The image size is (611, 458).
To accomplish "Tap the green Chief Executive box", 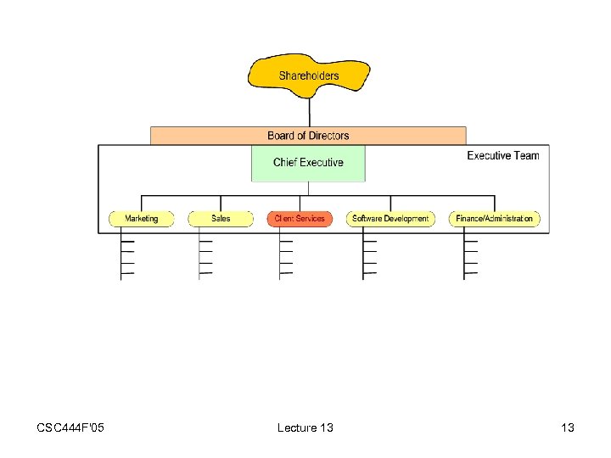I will click(308, 163).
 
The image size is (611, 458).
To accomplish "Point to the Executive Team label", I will click(502, 155).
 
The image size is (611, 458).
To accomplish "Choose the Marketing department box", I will click(141, 219).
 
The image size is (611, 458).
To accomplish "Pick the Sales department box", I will click(221, 219).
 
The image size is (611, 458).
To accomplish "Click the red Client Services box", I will click(300, 219).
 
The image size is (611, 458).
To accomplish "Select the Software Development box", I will click(390, 219).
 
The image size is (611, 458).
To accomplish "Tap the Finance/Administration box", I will click(494, 219).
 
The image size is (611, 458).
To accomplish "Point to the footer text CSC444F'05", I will click(70, 427).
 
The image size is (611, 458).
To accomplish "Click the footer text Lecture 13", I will click(305, 427).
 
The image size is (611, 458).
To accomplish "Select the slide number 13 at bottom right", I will click(568, 427).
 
